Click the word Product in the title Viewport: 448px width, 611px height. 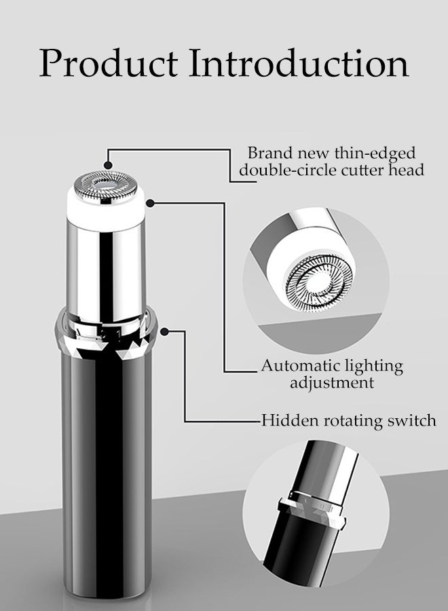coord(109,62)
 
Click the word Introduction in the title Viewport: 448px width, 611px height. coord(299,62)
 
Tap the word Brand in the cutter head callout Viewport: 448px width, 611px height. coord(270,153)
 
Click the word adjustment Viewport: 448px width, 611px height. coord(332,383)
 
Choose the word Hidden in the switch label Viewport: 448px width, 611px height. coord(284,421)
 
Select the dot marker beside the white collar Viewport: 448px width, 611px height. coord(151,202)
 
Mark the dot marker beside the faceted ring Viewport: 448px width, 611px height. coord(164,331)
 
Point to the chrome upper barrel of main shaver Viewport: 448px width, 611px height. coord(106,273)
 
